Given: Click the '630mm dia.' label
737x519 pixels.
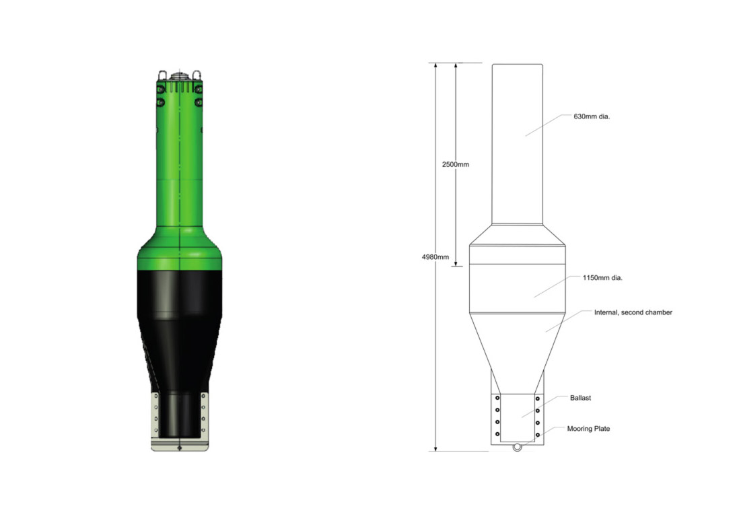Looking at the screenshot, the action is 592,116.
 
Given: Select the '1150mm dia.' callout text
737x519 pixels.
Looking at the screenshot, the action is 602,278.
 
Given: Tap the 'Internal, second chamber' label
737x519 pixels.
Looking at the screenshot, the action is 633,312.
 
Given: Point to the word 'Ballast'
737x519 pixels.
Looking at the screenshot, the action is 580,398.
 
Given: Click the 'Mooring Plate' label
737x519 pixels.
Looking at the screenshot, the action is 588,429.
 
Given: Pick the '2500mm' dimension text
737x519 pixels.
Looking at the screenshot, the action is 456,164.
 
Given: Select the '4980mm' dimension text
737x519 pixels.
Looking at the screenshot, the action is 435,257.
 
